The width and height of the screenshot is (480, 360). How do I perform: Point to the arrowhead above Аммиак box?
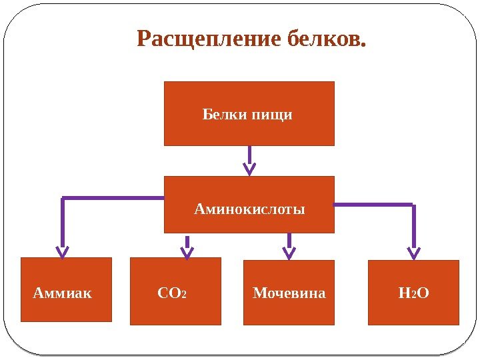coord(62,251)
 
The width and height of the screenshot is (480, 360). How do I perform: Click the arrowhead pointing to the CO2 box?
coord(187,251)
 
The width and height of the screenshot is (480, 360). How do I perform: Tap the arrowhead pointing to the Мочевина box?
coord(289,251)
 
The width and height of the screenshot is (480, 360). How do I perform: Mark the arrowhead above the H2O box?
coord(414,252)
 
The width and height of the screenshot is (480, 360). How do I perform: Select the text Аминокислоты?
coord(249,210)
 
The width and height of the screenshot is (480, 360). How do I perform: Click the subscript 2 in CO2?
coord(184,295)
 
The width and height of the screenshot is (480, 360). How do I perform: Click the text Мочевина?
coord(289,293)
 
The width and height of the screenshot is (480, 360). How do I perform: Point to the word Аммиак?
coord(62,293)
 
